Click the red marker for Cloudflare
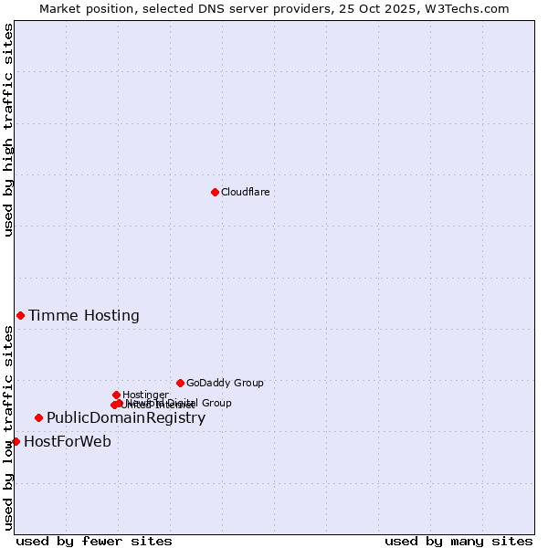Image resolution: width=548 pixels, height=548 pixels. [x=215, y=192]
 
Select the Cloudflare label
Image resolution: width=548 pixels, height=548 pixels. [x=245, y=192]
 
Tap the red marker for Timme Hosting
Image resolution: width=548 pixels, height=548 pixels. [x=20, y=315]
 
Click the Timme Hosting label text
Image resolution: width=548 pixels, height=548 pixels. [x=84, y=316]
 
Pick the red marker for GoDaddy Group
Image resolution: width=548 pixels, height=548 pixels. [x=180, y=383]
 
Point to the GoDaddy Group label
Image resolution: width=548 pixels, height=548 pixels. [x=225, y=384]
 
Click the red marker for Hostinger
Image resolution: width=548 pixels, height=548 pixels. [x=116, y=395]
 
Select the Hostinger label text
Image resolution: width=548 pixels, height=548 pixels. [x=145, y=395]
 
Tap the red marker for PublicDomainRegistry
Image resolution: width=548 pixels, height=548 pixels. [x=38, y=417]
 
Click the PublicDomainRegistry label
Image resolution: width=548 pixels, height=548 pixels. [x=126, y=418]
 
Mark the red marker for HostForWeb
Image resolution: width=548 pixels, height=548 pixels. [x=16, y=441]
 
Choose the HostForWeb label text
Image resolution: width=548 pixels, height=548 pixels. [x=68, y=442]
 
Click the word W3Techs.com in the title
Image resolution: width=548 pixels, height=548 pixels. [x=470, y=8]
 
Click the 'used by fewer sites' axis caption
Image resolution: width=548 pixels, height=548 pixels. [x=94, y=541]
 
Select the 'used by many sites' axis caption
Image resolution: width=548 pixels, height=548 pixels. [x=458, y=541]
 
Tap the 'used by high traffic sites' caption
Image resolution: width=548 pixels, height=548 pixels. [x=8, y=130]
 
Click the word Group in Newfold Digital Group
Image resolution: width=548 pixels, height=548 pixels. [x=216, y=403]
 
